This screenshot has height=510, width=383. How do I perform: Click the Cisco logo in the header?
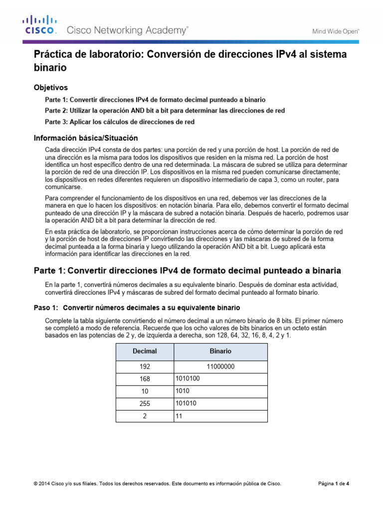40,25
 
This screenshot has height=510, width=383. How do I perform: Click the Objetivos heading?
50,87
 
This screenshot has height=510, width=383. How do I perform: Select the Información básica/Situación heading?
85,137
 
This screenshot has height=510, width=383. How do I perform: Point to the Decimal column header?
144,351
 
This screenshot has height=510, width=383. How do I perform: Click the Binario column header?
220,351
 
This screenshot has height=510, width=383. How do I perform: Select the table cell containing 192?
144,367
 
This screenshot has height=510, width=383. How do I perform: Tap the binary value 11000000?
220,367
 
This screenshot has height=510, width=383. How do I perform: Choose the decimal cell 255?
144,404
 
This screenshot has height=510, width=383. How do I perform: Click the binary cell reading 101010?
186,403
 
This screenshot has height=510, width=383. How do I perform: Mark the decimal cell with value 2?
144,416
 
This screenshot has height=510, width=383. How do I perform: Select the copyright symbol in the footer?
35,484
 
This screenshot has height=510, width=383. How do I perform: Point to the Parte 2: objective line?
165,111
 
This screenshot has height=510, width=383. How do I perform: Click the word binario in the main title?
50,66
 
